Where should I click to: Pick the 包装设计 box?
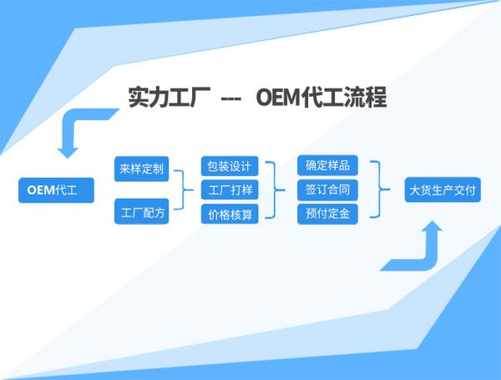pyautogui.click(x=229, y=165)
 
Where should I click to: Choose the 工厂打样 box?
pyautogui.click(x=229, y=190)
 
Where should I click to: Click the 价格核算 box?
pyautogui.click(x=229, y=215)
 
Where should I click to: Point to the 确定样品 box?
pyautogui.click(x=328, y=165)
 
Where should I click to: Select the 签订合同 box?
pyautogui.click(x=328, y=190)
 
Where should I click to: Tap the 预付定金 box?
pyautogui.click(x=328, y=214)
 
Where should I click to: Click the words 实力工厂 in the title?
pyautogui.click(x=167, y=98)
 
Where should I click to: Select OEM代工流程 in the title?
pyautogui.click(x=321, y=98)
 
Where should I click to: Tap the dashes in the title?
pyautogui.click(x=230, y=99)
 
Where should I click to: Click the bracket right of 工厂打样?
pyautogui.click(x=273, y=190)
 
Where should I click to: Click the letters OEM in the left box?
pyautogui.click(x=40, y=190)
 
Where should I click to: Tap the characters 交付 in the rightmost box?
pyautogui.click(x=465, y=190)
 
